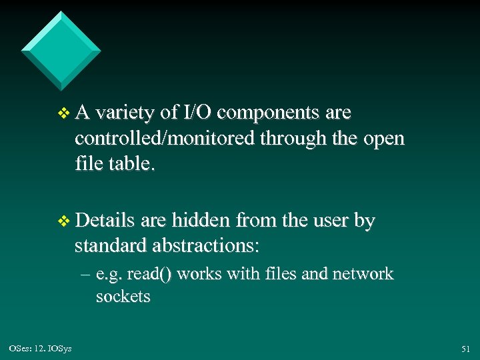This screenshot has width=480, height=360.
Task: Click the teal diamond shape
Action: click(x=61, y=51)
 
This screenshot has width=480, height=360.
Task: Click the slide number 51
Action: click(x=465, y=349)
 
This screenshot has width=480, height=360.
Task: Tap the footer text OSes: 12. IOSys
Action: click(x=41, y=349)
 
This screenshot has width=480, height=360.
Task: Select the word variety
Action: click(x=125, y=114)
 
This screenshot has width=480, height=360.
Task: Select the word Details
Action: click(x=105, y=221)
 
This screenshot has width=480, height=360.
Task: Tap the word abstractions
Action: click(x=208, y=245)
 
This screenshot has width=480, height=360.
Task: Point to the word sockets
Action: click(x=123, y=296)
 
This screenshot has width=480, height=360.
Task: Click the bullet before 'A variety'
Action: click(x=63, y=115)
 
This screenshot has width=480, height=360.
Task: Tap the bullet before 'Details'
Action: click(x=63, y=221)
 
